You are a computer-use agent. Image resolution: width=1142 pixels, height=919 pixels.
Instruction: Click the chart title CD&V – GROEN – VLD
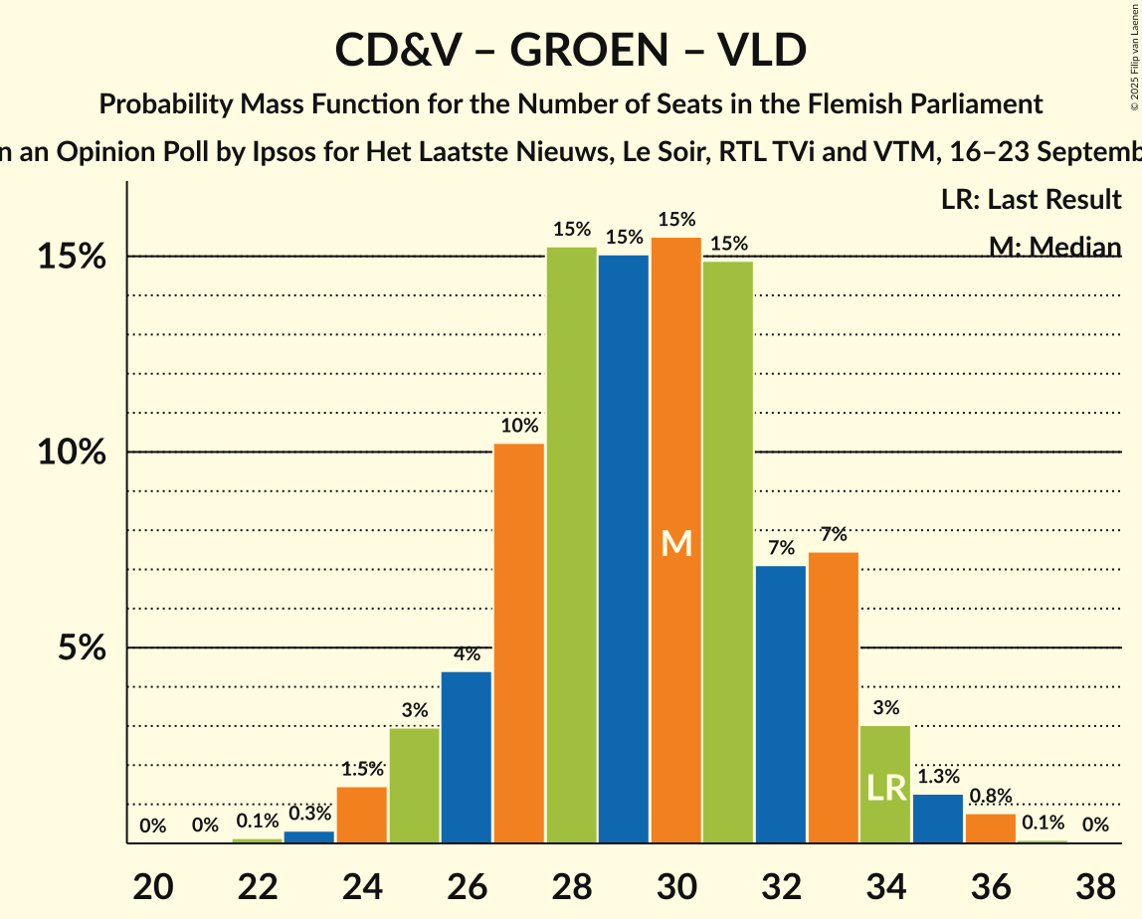[x=571, y=50]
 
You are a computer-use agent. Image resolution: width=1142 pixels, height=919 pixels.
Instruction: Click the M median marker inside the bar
[x=676, y=543]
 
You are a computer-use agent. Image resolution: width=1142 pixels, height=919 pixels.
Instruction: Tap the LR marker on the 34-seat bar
[x=885, y=788]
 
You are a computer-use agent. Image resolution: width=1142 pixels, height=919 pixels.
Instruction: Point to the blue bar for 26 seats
[x=467, y=757]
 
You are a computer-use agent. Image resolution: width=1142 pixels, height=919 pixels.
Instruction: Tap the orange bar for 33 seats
[x=834, y=697]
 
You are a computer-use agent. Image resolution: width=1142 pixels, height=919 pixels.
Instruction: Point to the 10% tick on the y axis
[x=72, y=453]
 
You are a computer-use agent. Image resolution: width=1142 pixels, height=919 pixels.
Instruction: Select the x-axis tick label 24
[x=362, y=884]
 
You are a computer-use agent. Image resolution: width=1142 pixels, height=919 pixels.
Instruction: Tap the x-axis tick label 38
[x=1095, y=884]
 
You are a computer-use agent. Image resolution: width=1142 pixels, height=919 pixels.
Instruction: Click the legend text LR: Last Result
[x=1031, y=200]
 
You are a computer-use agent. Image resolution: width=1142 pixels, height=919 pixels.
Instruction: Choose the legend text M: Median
[x=1054, y=247]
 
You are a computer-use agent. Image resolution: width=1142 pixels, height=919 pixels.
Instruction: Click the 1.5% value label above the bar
[x=362, y=769]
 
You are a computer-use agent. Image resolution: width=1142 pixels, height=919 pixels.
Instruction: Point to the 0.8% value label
[x=991, y=796]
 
